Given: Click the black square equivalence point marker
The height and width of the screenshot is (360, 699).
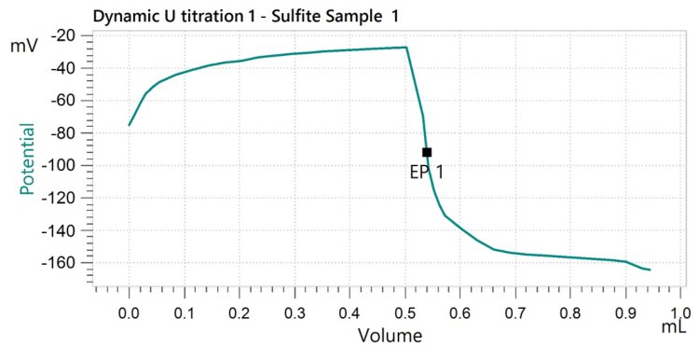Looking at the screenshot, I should pyautogui.click(x=427, y=152).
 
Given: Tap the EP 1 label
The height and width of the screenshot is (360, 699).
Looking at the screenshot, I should pyautogui.click(x=427, y=172).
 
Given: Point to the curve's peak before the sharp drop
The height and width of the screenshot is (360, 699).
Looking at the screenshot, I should pyautogui.click(x=405, y=48).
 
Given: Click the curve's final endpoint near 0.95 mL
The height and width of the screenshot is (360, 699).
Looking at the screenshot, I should pyautogui.click(x=650, y=270).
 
